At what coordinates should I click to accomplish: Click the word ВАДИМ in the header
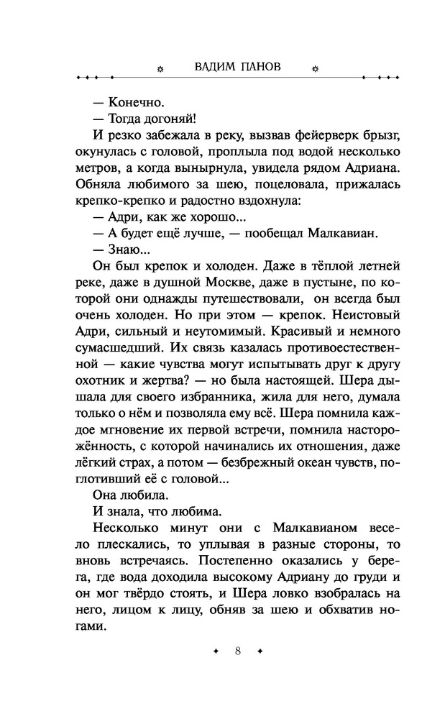coord(214,67)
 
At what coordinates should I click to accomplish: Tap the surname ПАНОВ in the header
coord(261,67)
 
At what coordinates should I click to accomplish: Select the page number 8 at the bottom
coord(237,651)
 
